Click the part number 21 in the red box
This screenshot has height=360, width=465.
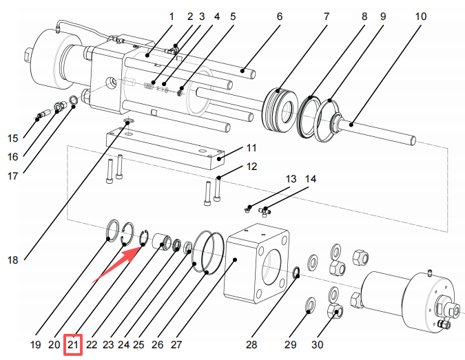click(73, 343)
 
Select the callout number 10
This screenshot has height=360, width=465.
click(421, 16)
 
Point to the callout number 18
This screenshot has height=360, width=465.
click(13, 260)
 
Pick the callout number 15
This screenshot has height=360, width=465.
click(13, 138)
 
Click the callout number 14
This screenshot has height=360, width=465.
click(311, 179)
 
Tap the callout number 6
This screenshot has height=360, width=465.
click(280, 16)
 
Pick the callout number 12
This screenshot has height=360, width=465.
click(251, 166)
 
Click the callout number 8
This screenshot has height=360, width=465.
click(363, 16)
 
